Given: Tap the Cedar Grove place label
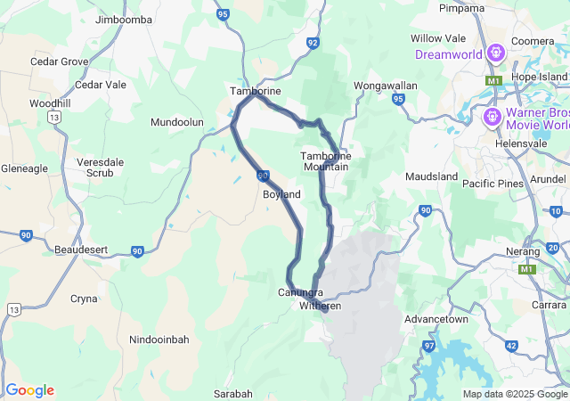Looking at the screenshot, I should [59, 61].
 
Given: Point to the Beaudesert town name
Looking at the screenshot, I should [81, 250].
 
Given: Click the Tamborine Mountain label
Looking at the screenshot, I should [326, 161].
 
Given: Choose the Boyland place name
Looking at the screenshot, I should [281, 194].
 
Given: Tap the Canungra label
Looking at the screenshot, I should [300, 292].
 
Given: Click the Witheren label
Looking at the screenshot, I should [320, 306].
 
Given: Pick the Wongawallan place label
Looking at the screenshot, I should [386, 86].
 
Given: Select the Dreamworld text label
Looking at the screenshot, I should [449, 54].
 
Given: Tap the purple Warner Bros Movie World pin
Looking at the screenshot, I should [491, 118].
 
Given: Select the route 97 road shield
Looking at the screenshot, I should [430, 345].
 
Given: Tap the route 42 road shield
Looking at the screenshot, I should [510, 345].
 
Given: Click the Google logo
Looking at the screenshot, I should [29, 390].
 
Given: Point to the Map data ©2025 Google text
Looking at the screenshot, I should [515, 394].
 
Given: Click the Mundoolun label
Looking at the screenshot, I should [177, 122].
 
